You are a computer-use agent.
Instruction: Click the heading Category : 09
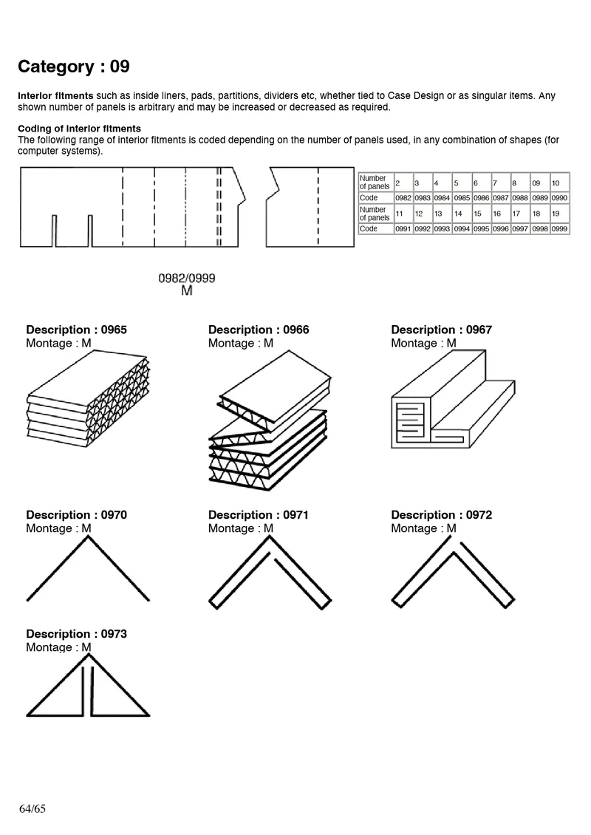pyautogui.click(x=73, y=67)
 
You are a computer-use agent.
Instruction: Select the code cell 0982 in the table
pyautogui.click(x=403, y=198)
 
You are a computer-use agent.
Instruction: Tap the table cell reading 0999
pyautogui.click(x=559, y=229)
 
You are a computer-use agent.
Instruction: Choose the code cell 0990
pyautogui.click(x=559, y=198)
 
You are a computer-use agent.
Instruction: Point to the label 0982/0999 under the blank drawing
pyautogui.click(x=187, y=279)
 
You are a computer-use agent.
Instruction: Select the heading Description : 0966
pyautogui.click(x=259, y=330)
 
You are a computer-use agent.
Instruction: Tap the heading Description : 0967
pyautogui.click(x=441, y=330)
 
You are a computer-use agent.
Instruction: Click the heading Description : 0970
pyautogui.click(x=76, y=515)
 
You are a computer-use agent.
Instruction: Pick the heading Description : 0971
pyautogui.click(x=259, y=515)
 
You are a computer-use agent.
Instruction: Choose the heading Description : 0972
pyautogui.click(x=441, y=515)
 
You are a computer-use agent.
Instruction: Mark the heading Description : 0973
pyautogui.click(x=76, y=634)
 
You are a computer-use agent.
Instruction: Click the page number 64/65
pyautogui.click(x=33, y=808)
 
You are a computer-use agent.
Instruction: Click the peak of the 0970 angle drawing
pyautogui.click(x=88, y=537)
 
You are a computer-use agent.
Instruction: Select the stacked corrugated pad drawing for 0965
pyautogui.click(x=87, y=395)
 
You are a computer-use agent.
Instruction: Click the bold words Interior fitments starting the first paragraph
pyautogui.click(x=55, y=96)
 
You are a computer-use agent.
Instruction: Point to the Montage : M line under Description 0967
pyautogui.click(x=423, y=344)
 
